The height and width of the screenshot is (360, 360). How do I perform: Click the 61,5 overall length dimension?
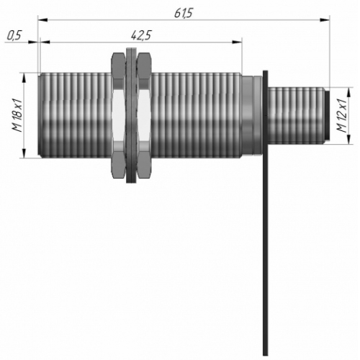pyautogui.click(x=183, y=13)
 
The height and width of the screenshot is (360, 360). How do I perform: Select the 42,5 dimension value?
pyautogui.click(x=141, y=35)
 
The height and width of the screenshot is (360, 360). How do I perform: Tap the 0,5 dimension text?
pyautogui.click(x=14, y=35)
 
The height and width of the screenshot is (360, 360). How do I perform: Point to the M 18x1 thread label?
pyautogui.click(x=17, y=114)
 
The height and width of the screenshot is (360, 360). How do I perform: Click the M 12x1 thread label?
pyautogui.click(x=341, y=115)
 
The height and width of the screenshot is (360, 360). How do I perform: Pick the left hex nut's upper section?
pyautogui.click(x=118, y=70)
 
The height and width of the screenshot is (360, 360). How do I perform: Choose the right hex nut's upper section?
pyautogui.click(x=144, y=70)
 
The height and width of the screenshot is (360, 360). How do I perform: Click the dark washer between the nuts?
pyautogui.click(x=131, y=115)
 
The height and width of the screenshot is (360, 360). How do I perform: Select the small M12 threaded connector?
pyautogui.click(x=297, y=116)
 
